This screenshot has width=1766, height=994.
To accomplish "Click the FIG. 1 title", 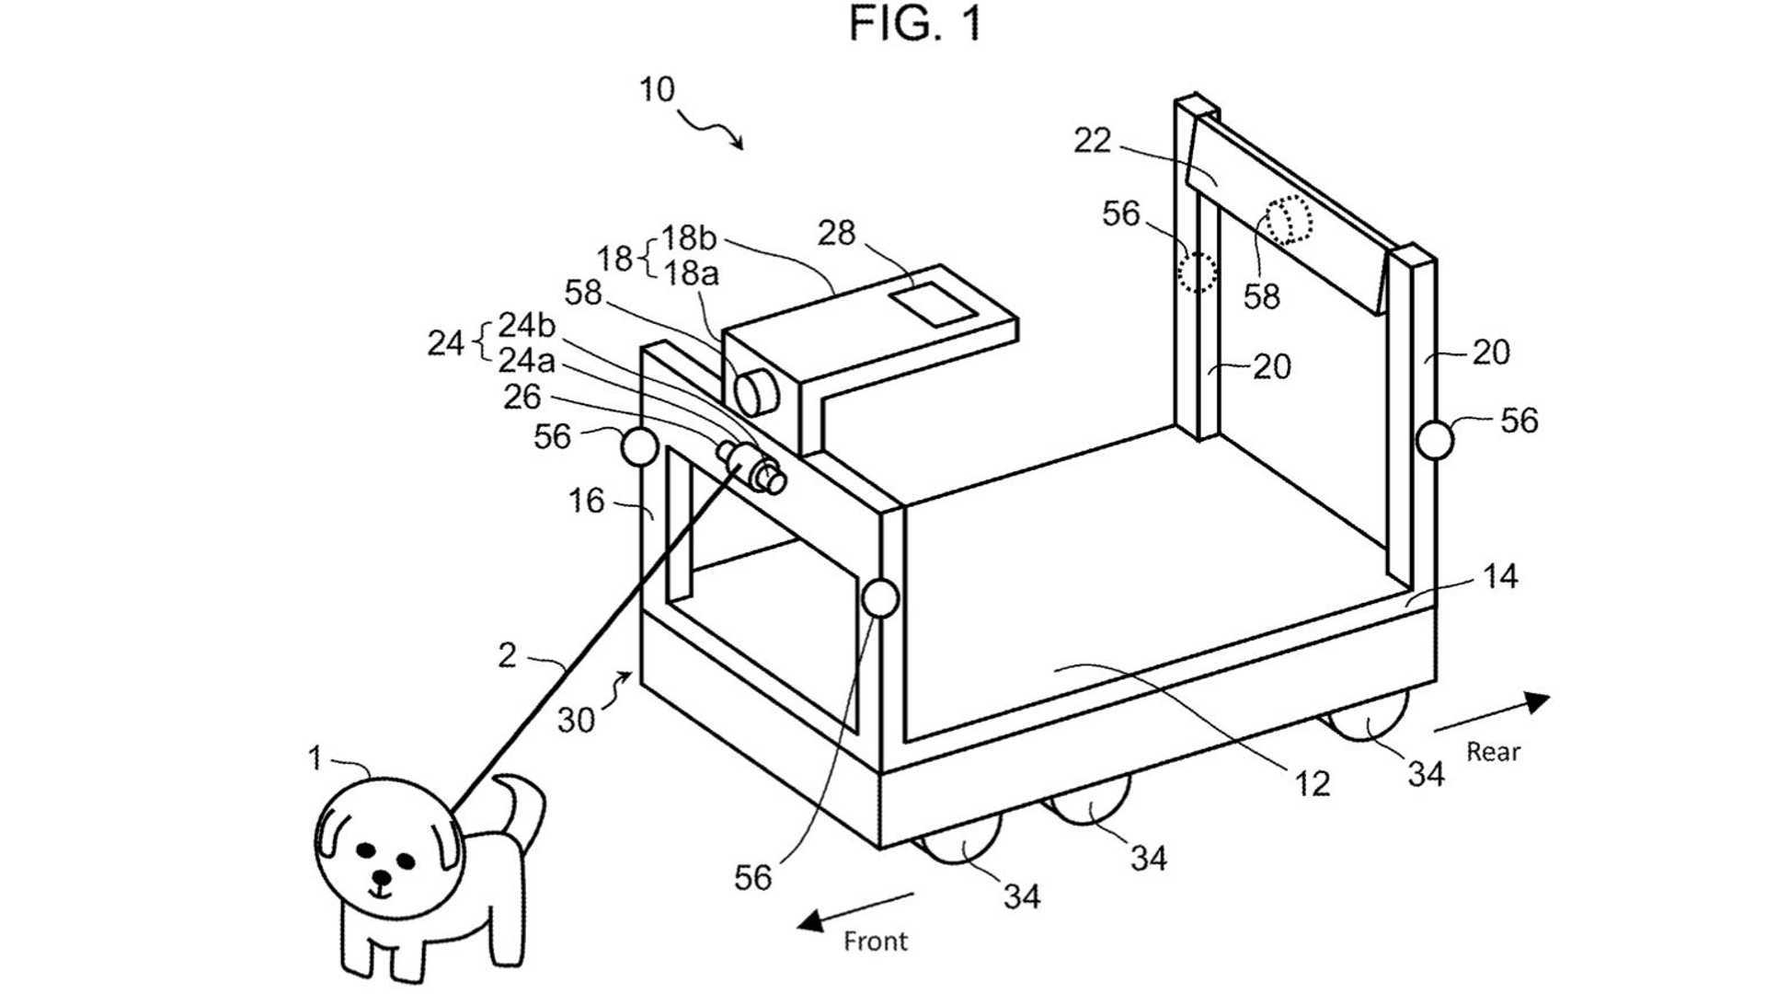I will click(915, 24).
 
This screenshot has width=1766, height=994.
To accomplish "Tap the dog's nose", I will click(381, 875).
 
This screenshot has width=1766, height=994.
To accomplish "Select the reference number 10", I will click(657, 90).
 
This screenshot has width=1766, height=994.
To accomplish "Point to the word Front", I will click(876, 941).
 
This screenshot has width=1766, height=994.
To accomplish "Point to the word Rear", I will click(1493, 751).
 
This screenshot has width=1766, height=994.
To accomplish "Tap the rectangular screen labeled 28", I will click(933, 305).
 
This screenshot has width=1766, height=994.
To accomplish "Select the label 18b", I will click(688, 237).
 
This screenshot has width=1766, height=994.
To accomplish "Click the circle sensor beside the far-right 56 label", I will click(1435, 441).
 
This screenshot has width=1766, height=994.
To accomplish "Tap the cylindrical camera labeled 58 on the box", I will click(756, 391).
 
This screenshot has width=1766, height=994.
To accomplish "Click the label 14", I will click(1500, 577).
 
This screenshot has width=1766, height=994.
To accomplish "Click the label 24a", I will click(526, 360).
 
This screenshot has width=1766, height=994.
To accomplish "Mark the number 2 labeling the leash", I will click(507, 655).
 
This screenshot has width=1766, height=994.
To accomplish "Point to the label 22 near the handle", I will click(1092, 140).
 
